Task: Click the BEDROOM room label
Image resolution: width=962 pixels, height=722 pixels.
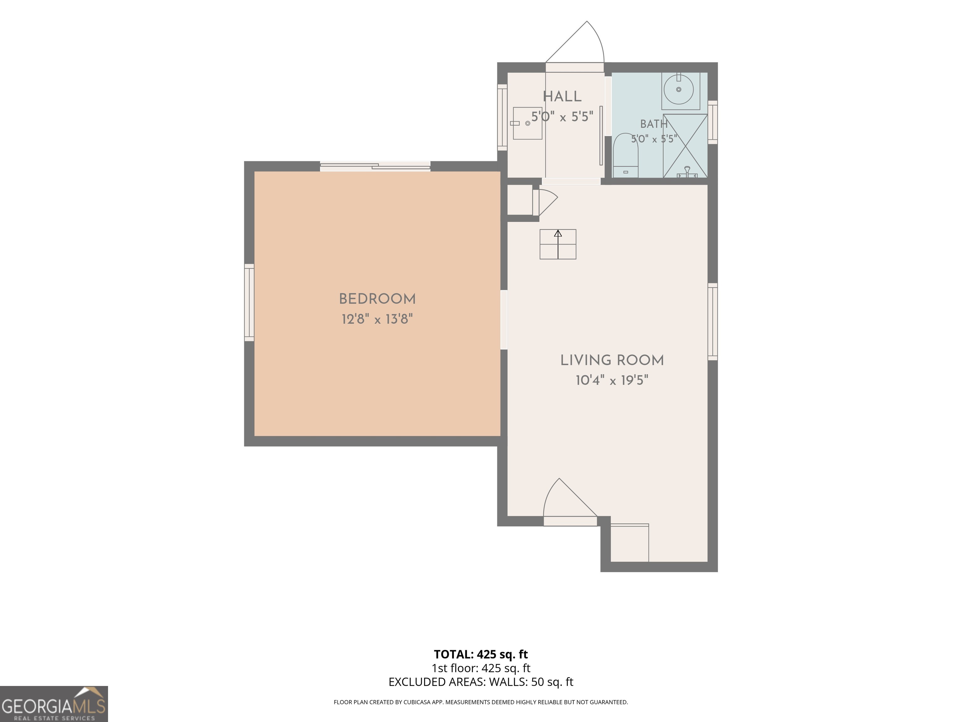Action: coord(377,299)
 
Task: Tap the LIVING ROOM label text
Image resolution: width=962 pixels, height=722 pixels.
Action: coord(612,360)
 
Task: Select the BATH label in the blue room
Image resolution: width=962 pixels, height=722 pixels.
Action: coord(654,124)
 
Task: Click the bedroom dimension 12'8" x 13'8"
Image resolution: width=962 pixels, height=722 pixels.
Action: coord(377,319)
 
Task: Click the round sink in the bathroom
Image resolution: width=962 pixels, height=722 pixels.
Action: coord(679,89)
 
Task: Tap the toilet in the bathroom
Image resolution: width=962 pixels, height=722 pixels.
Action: coord(625,155)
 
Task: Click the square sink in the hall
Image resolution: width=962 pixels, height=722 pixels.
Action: coord(527,123)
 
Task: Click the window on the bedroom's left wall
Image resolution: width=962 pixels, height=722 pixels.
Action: coord(249,302)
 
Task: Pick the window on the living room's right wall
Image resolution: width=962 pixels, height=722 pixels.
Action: coord(712,322)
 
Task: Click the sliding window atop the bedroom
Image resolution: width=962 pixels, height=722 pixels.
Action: coord(375,166)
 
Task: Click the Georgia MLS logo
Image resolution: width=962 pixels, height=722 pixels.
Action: coord(54,704)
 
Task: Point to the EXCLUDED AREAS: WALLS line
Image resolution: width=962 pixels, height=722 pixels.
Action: coord(481,682)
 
